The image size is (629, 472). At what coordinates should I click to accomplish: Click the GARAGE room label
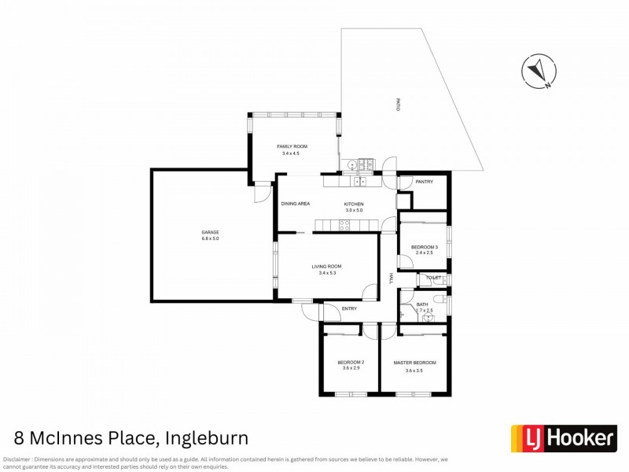[x=210, y=232]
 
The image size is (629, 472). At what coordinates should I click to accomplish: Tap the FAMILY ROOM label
[x=292, y=147]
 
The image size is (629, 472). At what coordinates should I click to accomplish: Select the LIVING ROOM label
[x=327, y=267]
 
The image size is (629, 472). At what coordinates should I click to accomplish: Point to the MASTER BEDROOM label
[x=414, y=363]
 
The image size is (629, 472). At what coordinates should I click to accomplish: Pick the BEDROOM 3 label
[x=425, y=247]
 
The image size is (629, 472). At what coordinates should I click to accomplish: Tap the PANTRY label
[x=425, y=182]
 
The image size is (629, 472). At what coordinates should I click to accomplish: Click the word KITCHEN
[x=354, y=204]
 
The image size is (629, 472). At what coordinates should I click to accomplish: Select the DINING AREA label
[x=296, y=204]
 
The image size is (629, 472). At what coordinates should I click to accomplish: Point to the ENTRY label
[x=349, y=308]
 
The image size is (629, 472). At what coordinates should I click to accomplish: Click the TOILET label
[x=433, y=278]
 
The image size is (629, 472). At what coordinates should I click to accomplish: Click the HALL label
[x=391, y=278]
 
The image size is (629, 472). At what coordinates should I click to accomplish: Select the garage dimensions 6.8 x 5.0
[x=210, y=239]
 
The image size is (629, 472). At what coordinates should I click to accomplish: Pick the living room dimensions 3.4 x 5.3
[x=327, y=273]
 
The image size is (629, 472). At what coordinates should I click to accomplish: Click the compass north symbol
[x=539, y=70]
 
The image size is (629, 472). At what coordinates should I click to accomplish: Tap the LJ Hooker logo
[x=564, y=437]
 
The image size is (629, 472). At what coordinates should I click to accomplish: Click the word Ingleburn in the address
[x=205, y=438]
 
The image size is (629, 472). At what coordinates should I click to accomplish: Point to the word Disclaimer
[x=17, y=459]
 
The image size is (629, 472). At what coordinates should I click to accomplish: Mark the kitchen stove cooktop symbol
[x=344, y=225]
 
